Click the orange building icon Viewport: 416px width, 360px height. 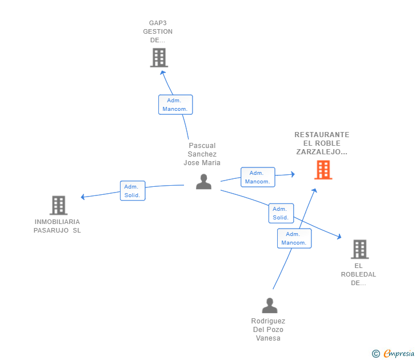click(x=323, y=170)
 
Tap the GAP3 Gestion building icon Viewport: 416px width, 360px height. click(x=159, y=58)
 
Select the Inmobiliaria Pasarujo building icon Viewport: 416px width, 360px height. click(x=59, y=205)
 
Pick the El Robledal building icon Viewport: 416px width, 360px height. click(x=360, y=249)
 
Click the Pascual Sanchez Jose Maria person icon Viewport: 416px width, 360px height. click(x=204, y=182)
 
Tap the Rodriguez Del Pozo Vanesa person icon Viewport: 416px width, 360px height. click(x=270, y=305)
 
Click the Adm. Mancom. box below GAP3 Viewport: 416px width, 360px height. click(x=175, y=105)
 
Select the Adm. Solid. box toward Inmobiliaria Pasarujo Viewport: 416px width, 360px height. click(x=133, y=191)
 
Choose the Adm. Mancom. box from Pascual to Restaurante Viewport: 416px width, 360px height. click(x=258, y=177)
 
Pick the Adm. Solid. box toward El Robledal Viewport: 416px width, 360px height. click(x=281, y=213)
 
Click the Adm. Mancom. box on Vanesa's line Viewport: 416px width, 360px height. click(x=294, y=238)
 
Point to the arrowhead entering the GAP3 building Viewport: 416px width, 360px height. click(x=162, y=73)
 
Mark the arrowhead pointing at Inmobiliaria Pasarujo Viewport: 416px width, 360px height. click(x=83, y=197)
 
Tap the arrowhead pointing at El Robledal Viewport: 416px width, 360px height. click(x=339, y=237)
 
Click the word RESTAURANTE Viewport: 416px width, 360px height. click(x=322, y=135)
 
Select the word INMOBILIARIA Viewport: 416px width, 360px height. click(x=57, y=222)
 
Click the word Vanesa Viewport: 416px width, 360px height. click(x=268, y=338)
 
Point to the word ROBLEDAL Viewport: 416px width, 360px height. click(x=358, y=274)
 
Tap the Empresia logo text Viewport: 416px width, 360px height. click(x=399, y=354)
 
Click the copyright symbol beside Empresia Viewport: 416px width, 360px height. click(x=376, y=354)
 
